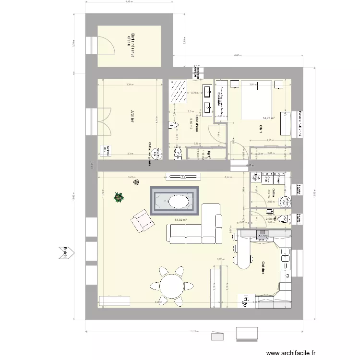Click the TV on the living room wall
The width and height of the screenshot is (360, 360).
(182, 176)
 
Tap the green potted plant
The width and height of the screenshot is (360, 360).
(118, 197)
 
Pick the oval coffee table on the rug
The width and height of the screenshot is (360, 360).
(175, 202)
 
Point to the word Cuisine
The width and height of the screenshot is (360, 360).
(264, 268)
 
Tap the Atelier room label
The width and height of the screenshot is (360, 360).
(132, 117)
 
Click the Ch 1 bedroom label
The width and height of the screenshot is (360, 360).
(261, 129)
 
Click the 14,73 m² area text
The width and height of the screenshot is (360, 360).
(268, 117)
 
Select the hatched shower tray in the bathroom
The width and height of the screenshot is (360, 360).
(179, 91)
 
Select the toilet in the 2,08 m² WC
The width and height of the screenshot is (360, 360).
(285, 219)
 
